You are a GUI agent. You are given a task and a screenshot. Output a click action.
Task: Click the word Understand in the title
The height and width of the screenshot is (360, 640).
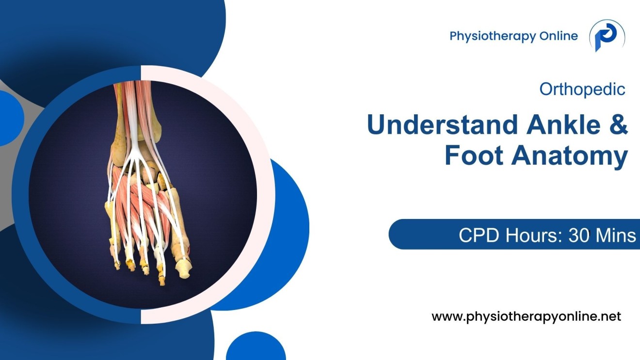pyautogui.click(x=438, y=125)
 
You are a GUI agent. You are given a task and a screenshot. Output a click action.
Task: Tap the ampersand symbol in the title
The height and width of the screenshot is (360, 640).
pyautogui.click(x=617, y=125)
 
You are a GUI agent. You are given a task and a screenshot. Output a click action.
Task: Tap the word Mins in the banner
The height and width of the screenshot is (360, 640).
pyautogui.click(x=616, y=235)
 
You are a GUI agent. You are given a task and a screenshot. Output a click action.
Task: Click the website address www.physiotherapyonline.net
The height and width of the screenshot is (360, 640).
pyautogui.click(x=526, y=317)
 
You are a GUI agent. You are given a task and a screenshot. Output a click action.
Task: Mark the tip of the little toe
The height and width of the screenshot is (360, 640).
pyautogui.click(x=117, y=265)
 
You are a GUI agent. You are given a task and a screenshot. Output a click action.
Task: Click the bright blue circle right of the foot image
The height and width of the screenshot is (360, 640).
pyautogui.click(x=291, y=228)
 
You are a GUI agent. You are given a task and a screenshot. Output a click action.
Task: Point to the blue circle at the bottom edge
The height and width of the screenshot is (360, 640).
pyautogui.click(x=256, y=348)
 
